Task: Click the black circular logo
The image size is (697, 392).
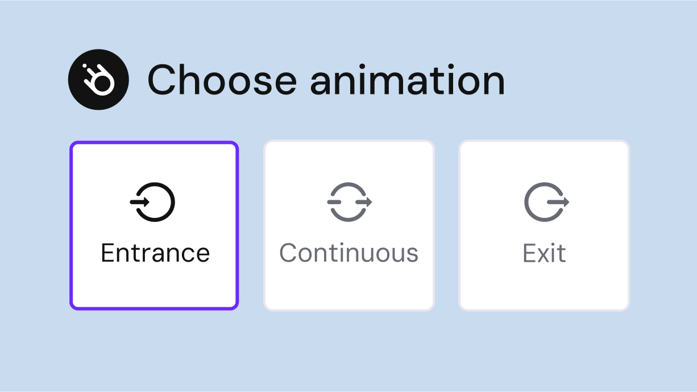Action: point(98,80)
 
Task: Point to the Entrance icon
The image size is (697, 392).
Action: point(153,201)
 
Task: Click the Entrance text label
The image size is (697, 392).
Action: point(155,253)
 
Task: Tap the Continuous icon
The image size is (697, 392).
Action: point(349,201)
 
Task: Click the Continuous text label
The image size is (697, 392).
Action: point(349,253)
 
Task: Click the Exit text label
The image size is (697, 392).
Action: point(544,253)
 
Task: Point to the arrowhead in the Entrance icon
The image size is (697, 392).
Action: point(146,201)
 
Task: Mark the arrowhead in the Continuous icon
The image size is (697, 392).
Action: point(368,201)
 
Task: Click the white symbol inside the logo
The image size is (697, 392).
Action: point(99,81)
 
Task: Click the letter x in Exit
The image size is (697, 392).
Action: point(542,254)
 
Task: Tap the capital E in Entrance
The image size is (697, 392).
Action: point(108,253)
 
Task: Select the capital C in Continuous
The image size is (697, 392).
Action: point(289,253)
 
